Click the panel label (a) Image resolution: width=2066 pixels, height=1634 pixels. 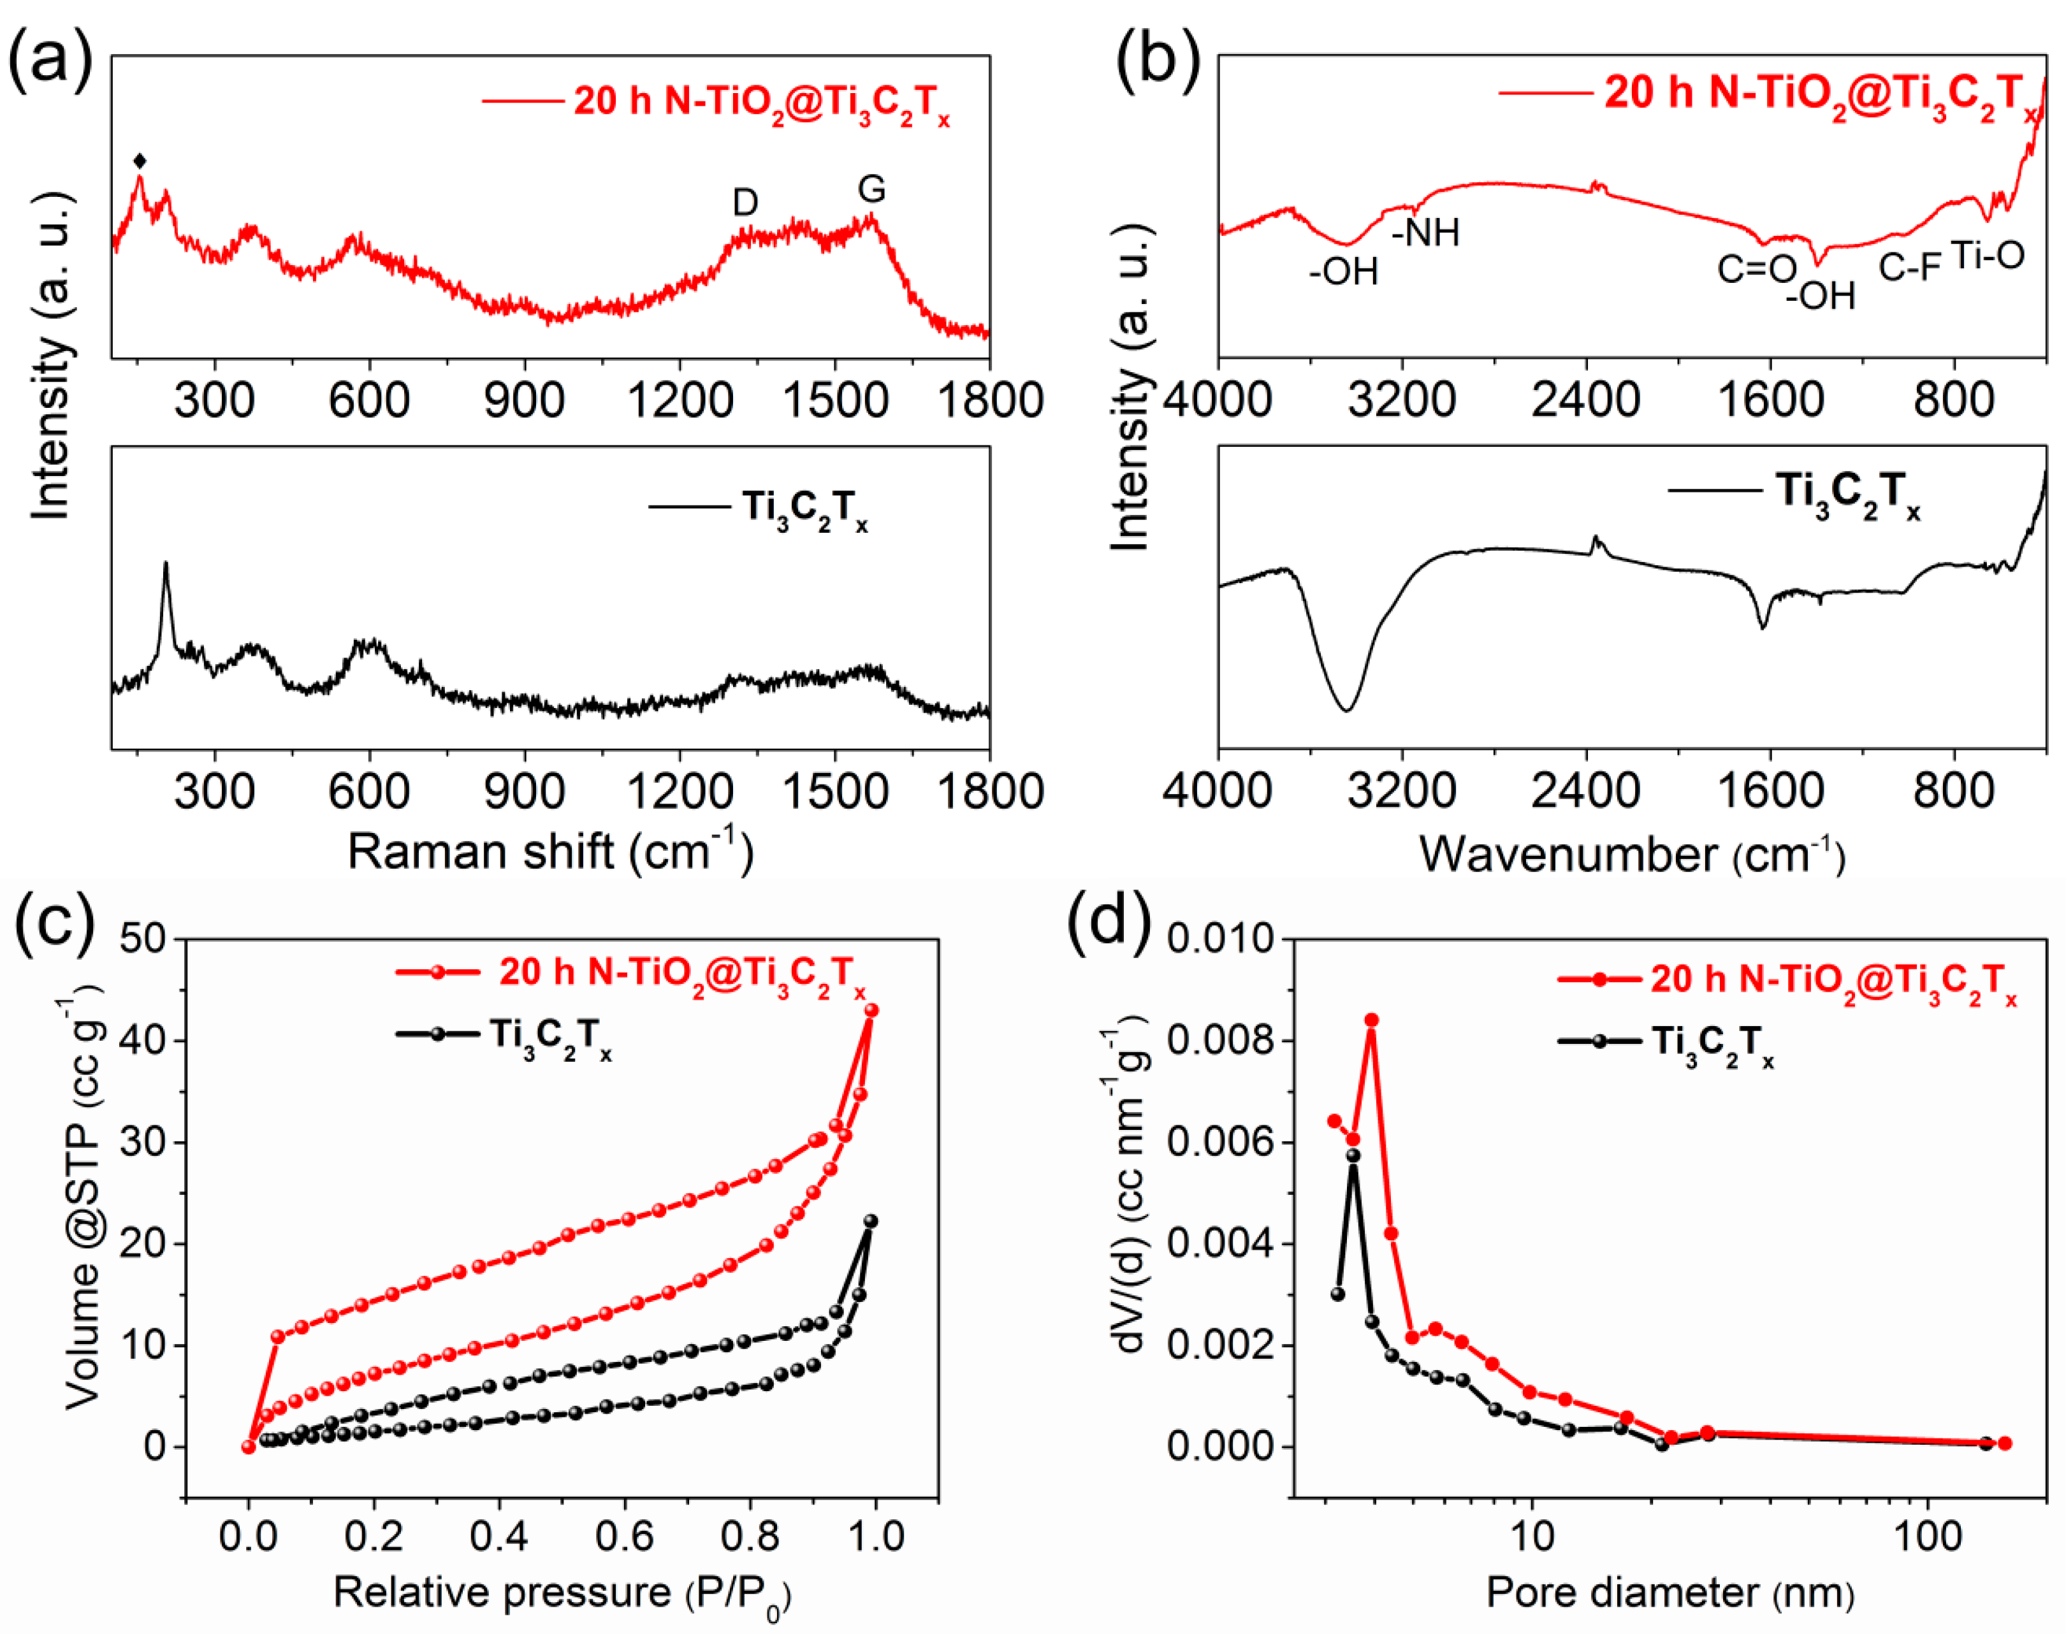click(x=50, y=59)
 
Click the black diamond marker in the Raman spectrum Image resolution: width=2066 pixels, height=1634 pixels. click(x=140, y=161)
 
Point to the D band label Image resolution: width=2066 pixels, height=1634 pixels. click(x=745, y=202)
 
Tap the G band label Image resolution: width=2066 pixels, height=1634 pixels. click(x=871, y=189)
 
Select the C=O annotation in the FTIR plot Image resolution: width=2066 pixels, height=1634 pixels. click(x=1757, y=270)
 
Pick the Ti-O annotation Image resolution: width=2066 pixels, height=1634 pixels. click(x=1988, y=256)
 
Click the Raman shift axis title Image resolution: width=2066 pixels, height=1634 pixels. click(x=549, y=851)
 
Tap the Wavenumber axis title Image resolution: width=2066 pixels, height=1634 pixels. click(x=1631, y=853)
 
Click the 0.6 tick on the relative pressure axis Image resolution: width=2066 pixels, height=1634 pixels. click(x=625, y=1536)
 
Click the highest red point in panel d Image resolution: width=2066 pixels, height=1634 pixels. click(x=1371, y=1020)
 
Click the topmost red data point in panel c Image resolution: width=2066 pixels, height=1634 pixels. click(x=871, y=1010)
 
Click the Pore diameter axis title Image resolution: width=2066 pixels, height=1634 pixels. click(x=1669, y=1593)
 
